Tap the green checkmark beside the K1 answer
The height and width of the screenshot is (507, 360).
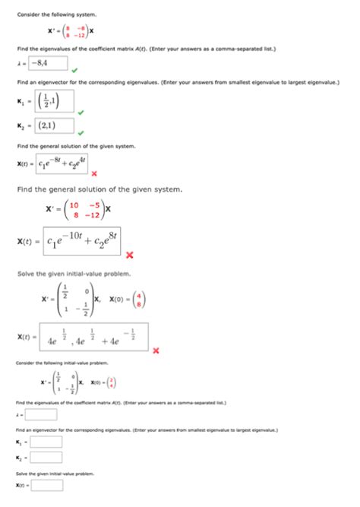point(80,114)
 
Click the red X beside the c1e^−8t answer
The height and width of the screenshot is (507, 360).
point(93,172)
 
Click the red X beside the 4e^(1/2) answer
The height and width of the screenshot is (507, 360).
point(156,350)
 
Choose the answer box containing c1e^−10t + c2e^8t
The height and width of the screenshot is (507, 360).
point(83,242)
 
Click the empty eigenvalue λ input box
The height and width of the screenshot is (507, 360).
point(43,414)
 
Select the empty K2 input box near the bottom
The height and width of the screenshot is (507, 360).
point(45,459)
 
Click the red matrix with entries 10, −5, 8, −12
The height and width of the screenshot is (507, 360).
point(84,209)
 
